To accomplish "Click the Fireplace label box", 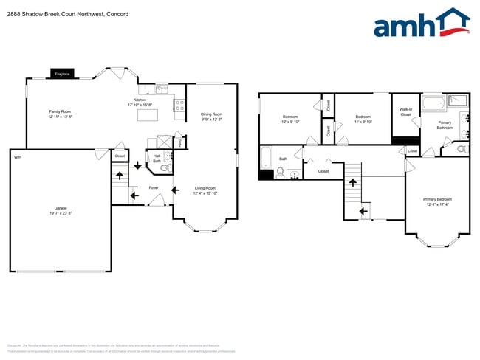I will (61, 74).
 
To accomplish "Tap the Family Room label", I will (61, 114).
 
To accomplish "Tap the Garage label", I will (61, 209).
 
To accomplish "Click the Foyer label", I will (154, 188).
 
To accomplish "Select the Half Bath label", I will (157, 158).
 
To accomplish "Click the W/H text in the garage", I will (17, 156).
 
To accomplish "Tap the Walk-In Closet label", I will (405, 112).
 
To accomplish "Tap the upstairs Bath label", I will (283, 159).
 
